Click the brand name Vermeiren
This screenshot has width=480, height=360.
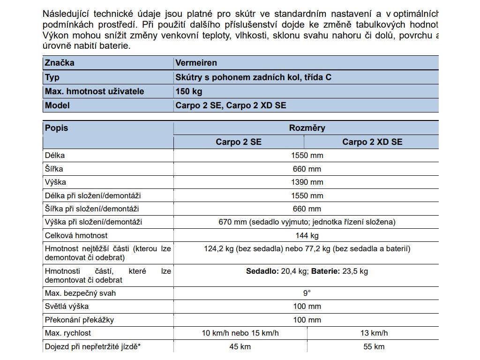[x=196, y=63]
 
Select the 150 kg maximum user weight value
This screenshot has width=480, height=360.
[x=189, y=91]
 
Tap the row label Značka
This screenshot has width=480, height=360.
[x=60, y=63]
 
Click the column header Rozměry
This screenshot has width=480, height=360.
[x=307, y=128]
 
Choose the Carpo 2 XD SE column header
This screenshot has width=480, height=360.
[x=372, y=142]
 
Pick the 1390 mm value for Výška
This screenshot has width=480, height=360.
[x=307, y=182]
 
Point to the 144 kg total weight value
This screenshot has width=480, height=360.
[x=307, y=235]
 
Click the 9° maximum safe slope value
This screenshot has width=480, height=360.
[x=307, y=293]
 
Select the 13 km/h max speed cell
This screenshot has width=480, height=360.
[x=374, y=333]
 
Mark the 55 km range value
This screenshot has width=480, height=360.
[x=374, y=347]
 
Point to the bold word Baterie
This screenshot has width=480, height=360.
[x=325, y=271]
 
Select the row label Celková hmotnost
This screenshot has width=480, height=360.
[x=76, y=235]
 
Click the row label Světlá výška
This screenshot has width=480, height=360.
[x=67, y=307]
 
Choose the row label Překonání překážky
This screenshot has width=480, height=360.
[x=79, y=320]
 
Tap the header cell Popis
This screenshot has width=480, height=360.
[x=56, y=128]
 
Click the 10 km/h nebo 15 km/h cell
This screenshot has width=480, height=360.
[x=240, y=333]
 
